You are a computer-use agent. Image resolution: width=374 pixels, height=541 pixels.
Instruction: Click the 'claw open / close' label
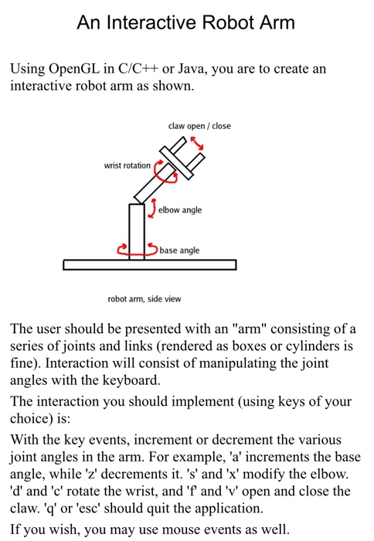point(199,126)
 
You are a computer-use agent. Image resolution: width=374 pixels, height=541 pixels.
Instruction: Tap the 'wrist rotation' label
point(127,165)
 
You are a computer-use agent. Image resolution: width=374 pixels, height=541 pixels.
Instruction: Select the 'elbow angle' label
point(181,209)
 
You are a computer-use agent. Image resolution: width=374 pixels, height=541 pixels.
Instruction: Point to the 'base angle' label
point(179,250)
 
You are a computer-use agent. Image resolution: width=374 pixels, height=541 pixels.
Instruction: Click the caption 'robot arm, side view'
point(144,299)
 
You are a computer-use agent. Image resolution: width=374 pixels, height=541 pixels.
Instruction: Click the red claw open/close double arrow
point(199,143)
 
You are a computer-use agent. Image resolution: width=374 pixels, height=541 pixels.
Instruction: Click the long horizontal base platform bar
point(150,265)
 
